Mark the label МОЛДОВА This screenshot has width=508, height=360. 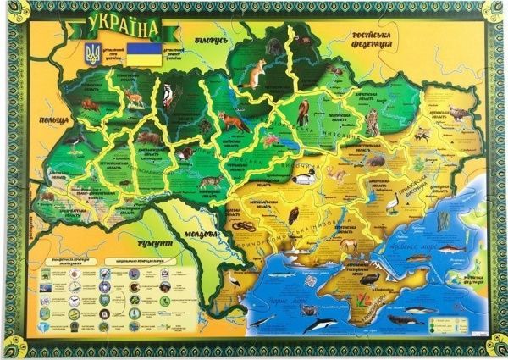pos(204,231)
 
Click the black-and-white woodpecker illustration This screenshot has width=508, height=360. pos(167,97)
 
